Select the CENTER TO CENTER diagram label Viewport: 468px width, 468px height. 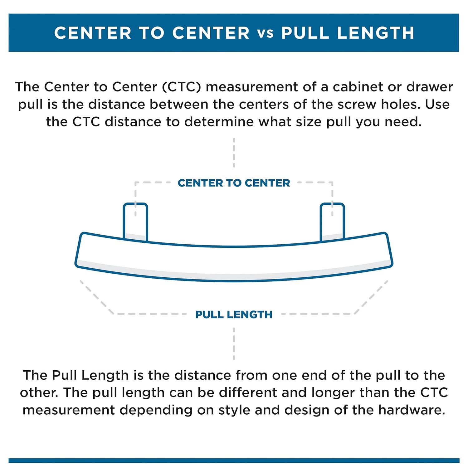point(234,183)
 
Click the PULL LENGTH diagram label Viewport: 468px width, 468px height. point(234,314)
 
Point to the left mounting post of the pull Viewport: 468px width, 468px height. point(135,222)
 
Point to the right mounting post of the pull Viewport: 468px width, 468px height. point(332,222)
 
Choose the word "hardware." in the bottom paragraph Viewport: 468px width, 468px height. point(412,410)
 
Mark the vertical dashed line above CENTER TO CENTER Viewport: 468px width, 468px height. point(234,153)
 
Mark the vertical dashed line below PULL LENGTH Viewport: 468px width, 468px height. point(234,343)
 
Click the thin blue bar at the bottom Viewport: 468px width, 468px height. point(234,461)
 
